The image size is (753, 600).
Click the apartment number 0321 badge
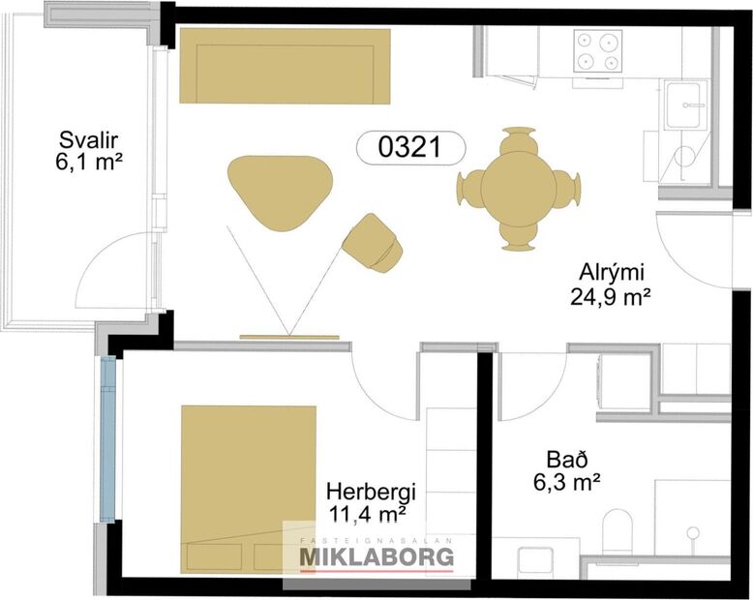pyautogui.click(x=410, y=147)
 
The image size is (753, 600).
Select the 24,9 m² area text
pyautogui.click(x=610, y=296)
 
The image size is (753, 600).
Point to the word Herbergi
pyautogui.click(x=363, y=490)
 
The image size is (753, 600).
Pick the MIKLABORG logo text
pyautogui.click(x=376, y=557)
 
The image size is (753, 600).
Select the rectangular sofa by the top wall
pyautogui.click(x=286, y=66)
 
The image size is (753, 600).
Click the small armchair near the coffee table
pyautogui.click(x=373, y=242)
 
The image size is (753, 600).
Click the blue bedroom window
pyautogui.click(x=106, y=438)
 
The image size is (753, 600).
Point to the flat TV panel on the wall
pyautogui.click(x=289, y=338)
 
